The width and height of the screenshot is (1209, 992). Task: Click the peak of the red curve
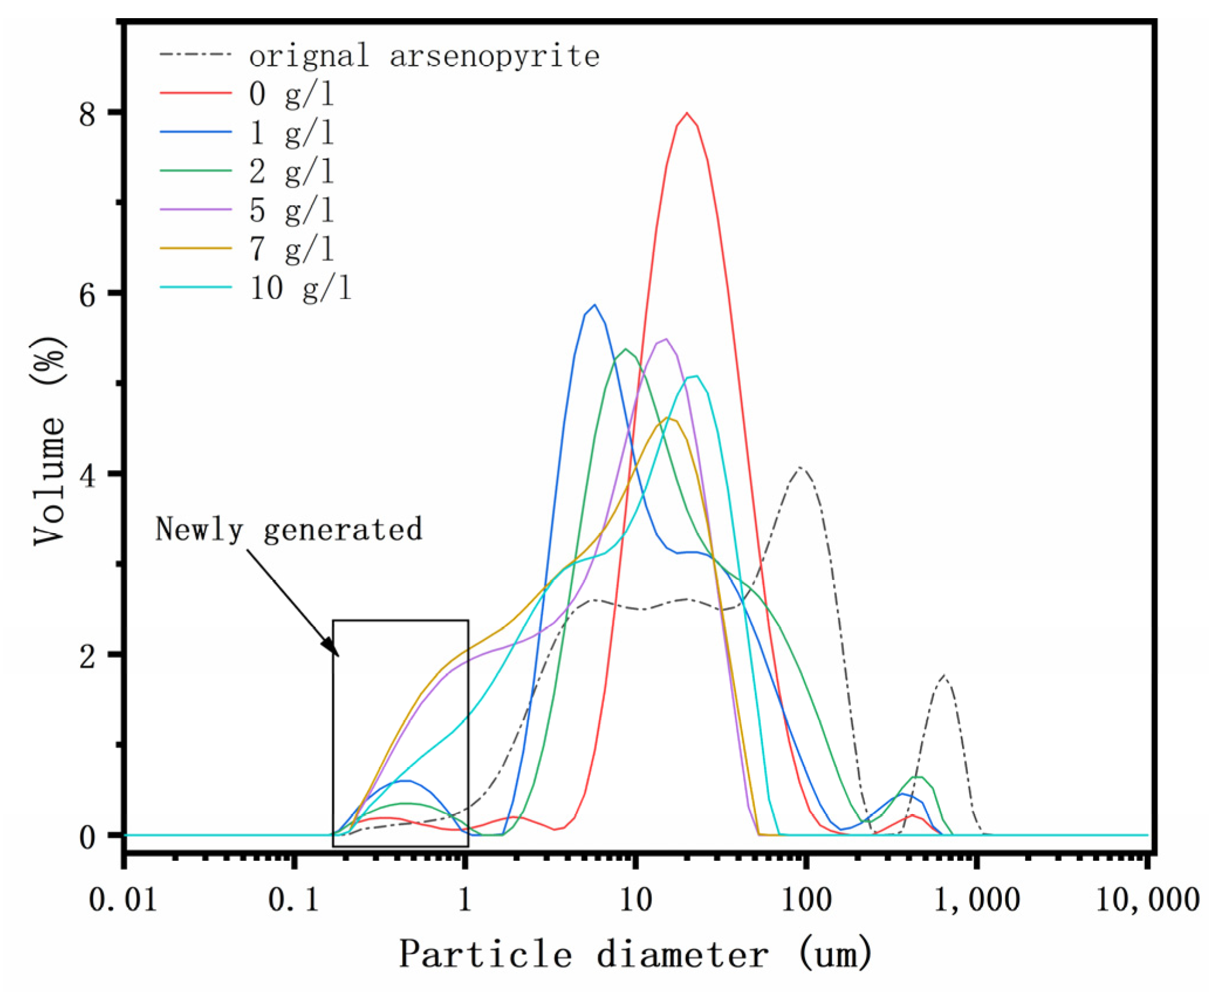click(x=686, y=113)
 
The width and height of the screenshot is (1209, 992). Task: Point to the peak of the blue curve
click(x=595, y=305)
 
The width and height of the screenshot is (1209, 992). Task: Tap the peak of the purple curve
click(x=665, y=339)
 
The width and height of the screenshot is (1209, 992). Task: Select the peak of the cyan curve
click(x=695, y=376)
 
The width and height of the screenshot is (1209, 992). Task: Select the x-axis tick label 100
click(x=806, y=899)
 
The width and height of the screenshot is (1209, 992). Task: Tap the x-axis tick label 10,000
click(x=1147, y=899)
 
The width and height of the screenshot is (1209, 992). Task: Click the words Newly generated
click(x=288, y=530)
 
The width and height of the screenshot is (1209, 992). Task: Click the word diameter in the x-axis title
click(x=682, y=955)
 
